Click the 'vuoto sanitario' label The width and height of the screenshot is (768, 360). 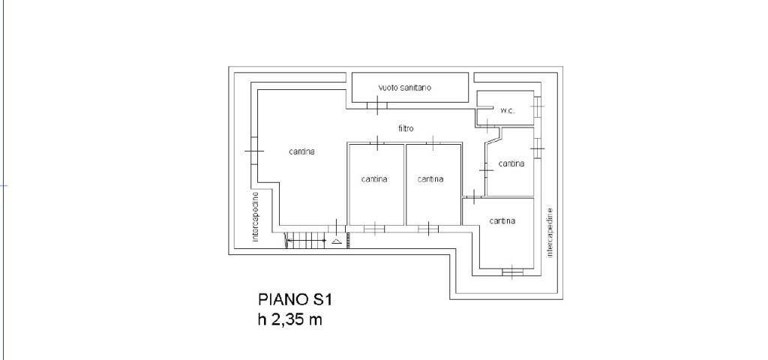tap(404, 88)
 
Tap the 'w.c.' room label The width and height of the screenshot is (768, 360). tap(507, 111)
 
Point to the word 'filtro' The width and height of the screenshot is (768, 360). tap(406, 128)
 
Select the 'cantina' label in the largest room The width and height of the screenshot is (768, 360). tap(301, 151)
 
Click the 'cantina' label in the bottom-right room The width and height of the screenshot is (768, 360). tap(502, 221)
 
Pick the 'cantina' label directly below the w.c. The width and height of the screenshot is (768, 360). tap(511, 163)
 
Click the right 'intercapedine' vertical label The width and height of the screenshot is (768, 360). tap(550, 232)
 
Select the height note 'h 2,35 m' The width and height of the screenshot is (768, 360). tap(290, 319)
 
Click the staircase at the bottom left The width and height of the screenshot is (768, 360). tap(306, 240)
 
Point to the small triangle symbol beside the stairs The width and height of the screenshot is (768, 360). tap(337, 241)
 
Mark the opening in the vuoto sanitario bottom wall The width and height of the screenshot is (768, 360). tap(378, 105)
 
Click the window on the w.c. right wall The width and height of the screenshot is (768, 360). tap(538, 106)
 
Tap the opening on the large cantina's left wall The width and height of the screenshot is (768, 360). tap(253, 151)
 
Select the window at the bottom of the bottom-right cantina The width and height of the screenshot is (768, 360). tap(512, 271)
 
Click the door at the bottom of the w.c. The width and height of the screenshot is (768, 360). tap(487, 126)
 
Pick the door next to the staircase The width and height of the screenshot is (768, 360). tap(337, 226)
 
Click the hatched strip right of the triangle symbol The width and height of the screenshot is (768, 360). tap(348, 240)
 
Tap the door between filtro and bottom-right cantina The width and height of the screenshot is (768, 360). tap(474, 197)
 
